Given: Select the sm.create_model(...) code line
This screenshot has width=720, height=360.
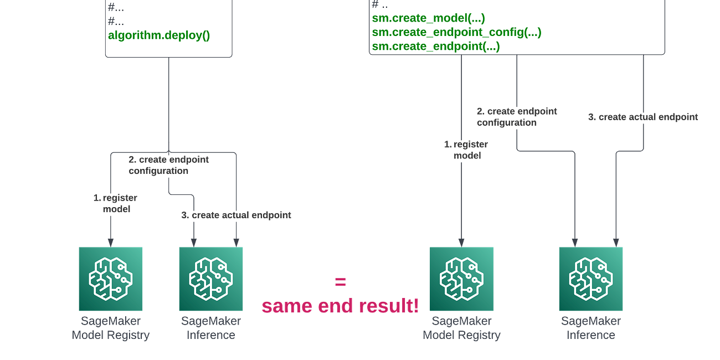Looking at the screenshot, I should click(429, 18).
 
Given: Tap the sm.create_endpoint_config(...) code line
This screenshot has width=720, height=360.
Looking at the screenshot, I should click(456, 32).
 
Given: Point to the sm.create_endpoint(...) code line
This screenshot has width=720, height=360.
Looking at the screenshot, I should click(436, 47).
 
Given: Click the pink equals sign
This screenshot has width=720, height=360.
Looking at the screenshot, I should click(340, 281).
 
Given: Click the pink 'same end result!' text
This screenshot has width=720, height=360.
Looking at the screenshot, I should click(340, 305).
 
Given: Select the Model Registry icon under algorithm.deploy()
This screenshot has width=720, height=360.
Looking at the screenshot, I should click(111, 279).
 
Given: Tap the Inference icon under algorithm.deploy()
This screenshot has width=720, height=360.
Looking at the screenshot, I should click(210, 279).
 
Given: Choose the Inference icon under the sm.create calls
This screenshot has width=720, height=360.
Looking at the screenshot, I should click(590, 279).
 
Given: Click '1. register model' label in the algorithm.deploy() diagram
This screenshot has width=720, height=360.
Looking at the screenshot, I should click(115, 203).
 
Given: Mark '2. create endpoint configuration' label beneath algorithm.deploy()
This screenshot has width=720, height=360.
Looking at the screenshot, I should click(168, 164).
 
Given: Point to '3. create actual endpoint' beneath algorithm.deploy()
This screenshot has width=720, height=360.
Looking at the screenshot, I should click(236, 215).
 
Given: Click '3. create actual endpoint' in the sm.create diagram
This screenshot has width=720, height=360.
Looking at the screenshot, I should click(642, 117).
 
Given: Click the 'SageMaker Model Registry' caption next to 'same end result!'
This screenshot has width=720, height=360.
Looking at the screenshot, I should click(462, 327).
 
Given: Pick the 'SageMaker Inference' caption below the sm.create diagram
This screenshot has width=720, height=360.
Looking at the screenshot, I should click(590, 327).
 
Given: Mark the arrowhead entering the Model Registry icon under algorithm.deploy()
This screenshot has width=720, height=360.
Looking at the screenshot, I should click(111, 241).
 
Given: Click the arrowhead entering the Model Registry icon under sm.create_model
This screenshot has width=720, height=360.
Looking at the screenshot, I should click(461, 241).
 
